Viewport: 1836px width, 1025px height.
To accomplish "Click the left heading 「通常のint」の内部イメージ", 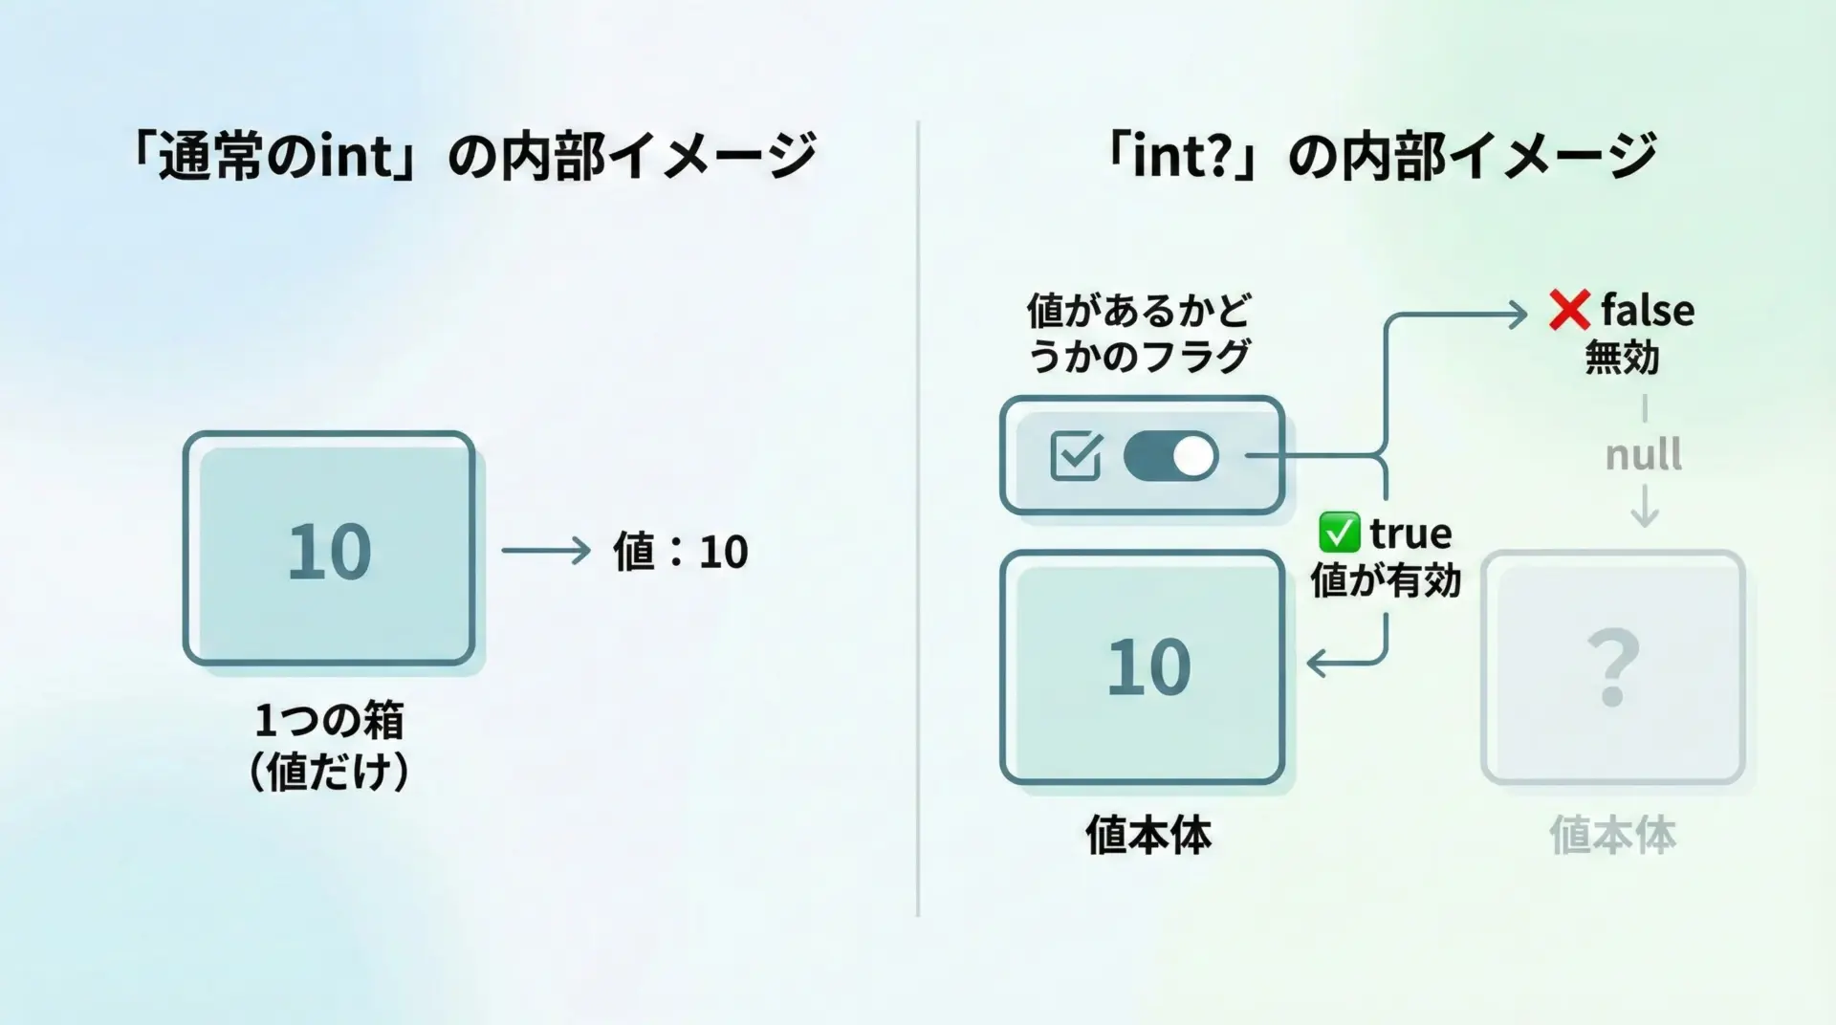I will tap(473, 155).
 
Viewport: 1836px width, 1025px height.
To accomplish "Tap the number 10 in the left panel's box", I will tap(329, 552).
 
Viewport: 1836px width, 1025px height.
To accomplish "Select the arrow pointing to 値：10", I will tap(546, 551).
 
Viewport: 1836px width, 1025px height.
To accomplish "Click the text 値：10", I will tap(680, 552).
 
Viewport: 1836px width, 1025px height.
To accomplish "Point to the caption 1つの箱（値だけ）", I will tap(329, 746).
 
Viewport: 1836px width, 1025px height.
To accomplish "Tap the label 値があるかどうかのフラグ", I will tap(1139, 333).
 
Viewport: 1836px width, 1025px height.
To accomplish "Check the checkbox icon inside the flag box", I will tap(1076, 456).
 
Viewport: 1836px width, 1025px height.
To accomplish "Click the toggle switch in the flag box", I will tap(1170, 456).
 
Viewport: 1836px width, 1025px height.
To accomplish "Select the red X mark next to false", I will tap(1569, 310).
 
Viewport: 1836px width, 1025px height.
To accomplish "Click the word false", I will tap(1648, 310).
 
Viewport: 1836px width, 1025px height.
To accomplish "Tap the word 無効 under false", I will tap(1622, 358).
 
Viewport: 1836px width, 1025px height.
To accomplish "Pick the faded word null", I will tap(1643, 454).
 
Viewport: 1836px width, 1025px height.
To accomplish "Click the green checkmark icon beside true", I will tap(1339, 533).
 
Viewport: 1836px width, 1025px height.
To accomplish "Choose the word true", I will tap(1410, 533).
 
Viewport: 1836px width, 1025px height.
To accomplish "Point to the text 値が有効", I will tap(1386, 580).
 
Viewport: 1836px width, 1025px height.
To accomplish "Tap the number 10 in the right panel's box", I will tap(1148, 667).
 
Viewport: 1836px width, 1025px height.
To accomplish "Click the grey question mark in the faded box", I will tap(1613, 667).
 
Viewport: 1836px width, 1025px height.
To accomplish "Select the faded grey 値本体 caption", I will tap(1612, 835).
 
